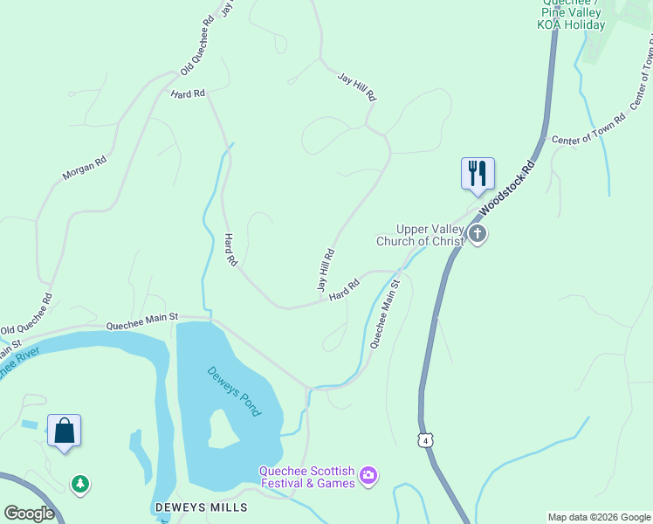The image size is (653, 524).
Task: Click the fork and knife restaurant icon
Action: point(478,172)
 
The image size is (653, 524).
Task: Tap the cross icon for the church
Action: point(477,234)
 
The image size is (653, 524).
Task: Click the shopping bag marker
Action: point(64,431)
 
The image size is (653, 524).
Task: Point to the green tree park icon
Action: point(80,483)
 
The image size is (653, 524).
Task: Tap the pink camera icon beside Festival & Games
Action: point(368,475)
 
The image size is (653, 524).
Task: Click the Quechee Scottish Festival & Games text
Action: point(307,477)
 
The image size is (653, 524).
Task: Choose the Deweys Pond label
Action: point(234,390)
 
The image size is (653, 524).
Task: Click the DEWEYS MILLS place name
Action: point(201,507)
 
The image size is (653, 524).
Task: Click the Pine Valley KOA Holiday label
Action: point(572,18)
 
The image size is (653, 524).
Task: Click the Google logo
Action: point(29,514)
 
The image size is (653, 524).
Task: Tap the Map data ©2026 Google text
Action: point(598,517)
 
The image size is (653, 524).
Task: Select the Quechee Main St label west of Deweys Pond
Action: point(142,321)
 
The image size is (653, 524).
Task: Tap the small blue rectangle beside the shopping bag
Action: point(30,424)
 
